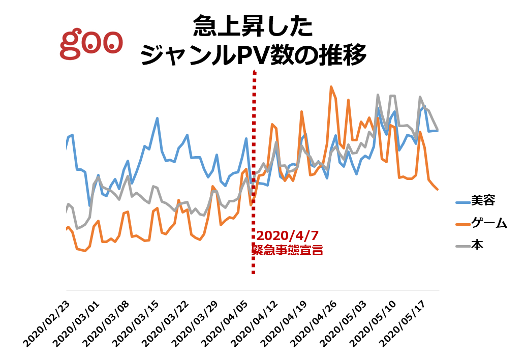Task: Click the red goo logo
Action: point(91,44)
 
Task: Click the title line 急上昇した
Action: point(253,26)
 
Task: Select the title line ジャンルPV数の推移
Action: point(253,55)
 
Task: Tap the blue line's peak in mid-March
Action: point(158,118)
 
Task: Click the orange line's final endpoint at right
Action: point(438,189)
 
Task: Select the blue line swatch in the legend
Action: point(462,201)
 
